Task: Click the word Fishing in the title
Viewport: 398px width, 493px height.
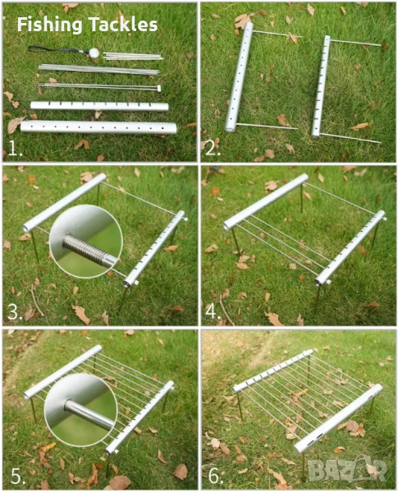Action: click(49, 25)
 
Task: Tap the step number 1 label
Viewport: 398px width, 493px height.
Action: click(15, 149)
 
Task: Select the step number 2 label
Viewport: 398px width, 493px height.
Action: click(213, 149)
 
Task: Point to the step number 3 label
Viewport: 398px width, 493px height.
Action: click(15, 312)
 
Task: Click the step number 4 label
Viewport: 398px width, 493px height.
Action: click(213, 312)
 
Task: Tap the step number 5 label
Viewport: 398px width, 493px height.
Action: click(17, 476)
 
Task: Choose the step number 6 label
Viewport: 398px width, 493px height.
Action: click(216, 476)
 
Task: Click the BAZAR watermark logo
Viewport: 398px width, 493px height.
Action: click(347, 470)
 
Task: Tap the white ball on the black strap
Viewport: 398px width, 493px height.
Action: click(94, 53)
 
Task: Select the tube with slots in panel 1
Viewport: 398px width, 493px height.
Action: click(99, 106)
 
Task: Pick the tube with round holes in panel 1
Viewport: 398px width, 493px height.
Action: click(98, 127)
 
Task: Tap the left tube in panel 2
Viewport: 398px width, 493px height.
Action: click(239, 76)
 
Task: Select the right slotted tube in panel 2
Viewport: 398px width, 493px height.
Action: click(321, 86)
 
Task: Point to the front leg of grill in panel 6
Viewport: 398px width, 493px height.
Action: click(303, 465)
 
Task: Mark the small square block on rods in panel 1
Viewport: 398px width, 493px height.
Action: click(159, 89)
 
